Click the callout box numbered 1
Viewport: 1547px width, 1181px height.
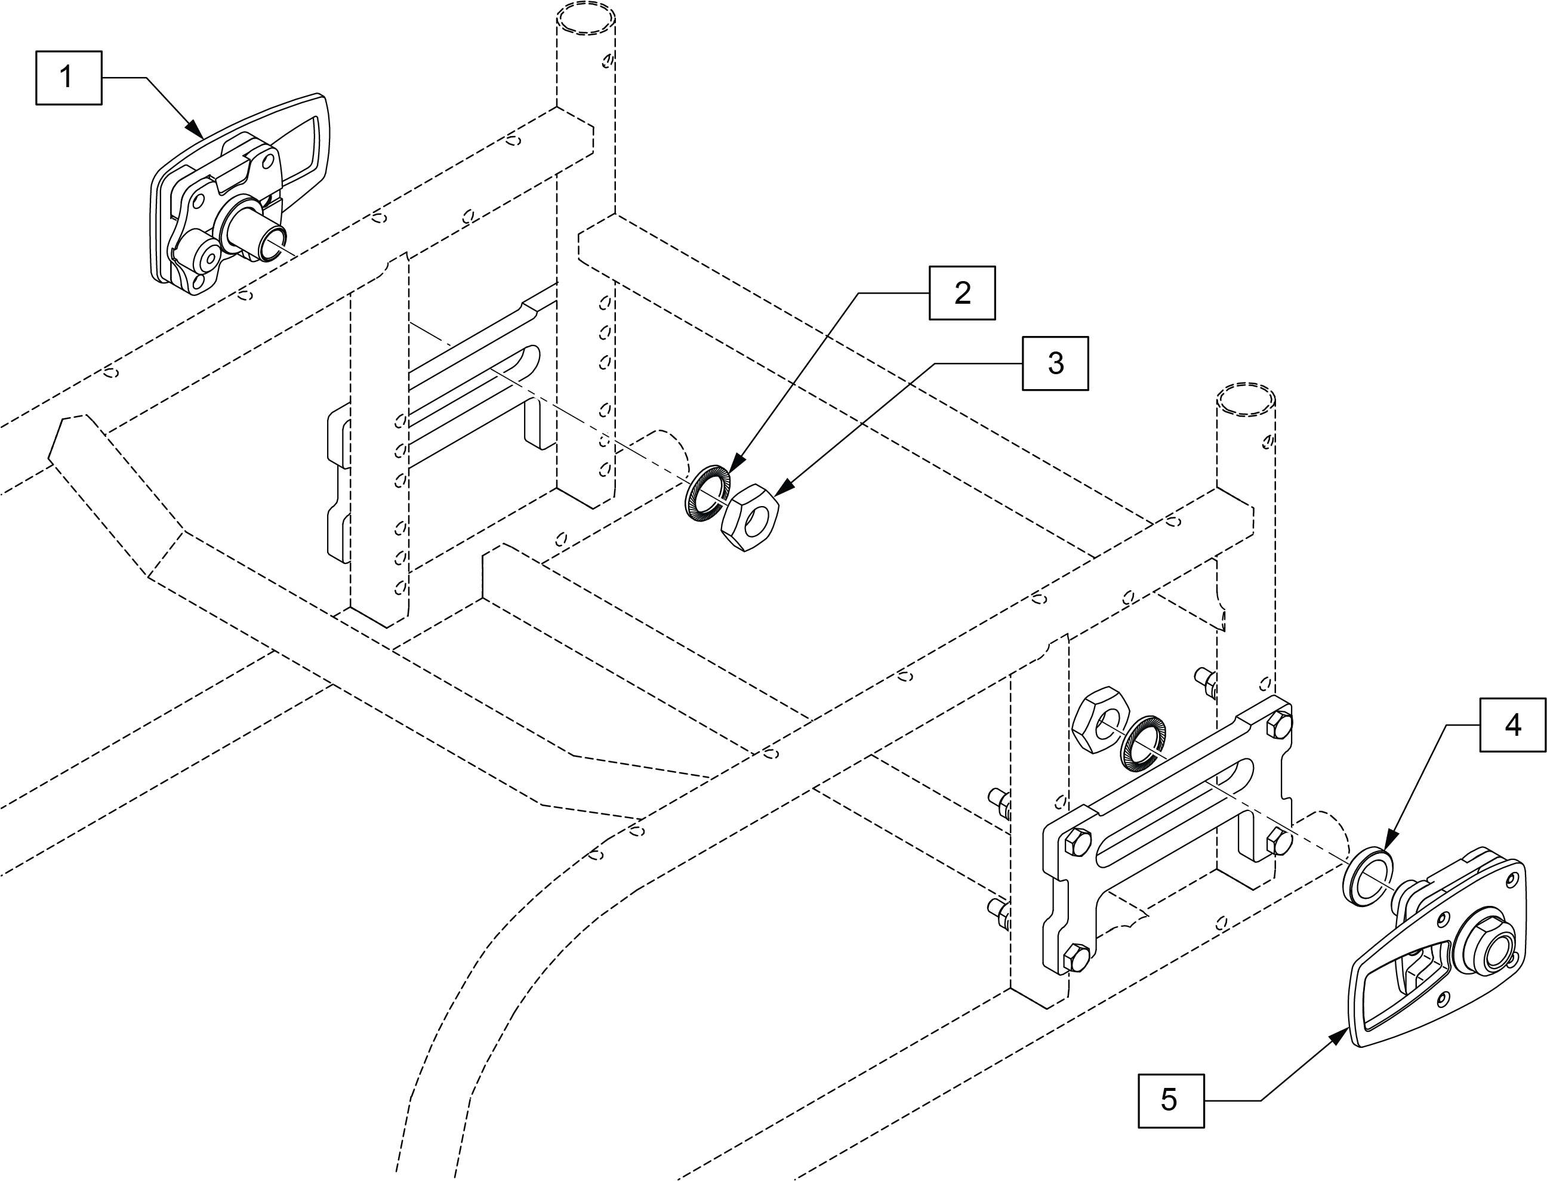pyautogui.click(x=68, y=78)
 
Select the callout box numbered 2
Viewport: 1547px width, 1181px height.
pyautogui.click(x=962, y=293)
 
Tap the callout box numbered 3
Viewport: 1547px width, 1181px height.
pyautogui.click(x=1055, y=363)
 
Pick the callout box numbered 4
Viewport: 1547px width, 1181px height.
pyautogui.click(x=1512, y=724)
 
